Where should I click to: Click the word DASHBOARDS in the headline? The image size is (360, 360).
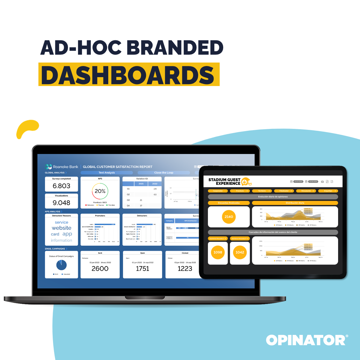tap(128, 75)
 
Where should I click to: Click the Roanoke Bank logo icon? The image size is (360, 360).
tap(49, 167)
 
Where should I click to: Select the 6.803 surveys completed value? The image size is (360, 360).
tap(62, 186)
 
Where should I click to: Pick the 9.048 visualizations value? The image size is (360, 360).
tap(62, 203)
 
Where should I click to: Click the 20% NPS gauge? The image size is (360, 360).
tap(100, 191)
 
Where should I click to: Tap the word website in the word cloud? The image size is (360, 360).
tap(62, 228)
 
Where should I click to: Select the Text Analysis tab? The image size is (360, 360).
tap(107, 173)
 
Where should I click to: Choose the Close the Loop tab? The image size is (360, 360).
tap(163, 173)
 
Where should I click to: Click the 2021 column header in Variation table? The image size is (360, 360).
tap(141, 184)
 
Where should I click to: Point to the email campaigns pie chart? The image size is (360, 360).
tap(62, 265)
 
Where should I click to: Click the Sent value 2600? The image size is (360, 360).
tap(100, 269)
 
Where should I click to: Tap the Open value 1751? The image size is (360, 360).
tap(143, 269)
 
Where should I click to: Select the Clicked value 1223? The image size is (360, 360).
tap(185, 269)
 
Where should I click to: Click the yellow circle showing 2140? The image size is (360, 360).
tap(229, 217)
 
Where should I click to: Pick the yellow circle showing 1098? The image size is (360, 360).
tap(218, 252)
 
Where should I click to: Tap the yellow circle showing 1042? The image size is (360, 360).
tap(240, 252)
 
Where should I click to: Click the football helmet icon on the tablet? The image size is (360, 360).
tap(246, 182)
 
